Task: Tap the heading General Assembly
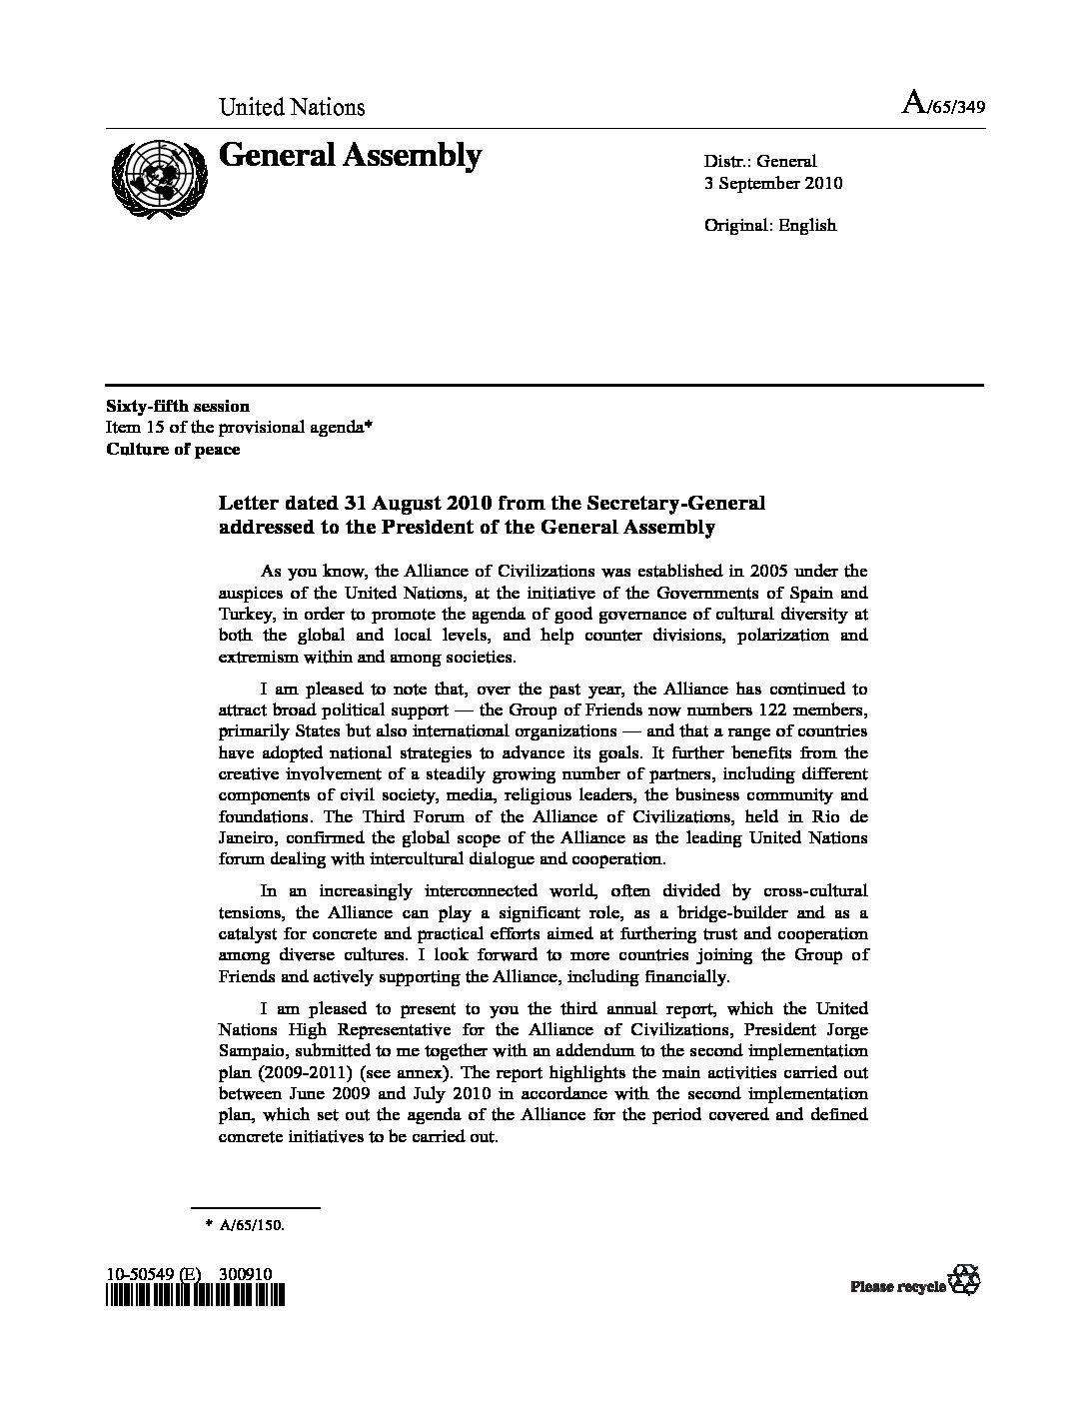(x=350, y=155)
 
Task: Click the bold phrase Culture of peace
(x=173, y=449)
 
